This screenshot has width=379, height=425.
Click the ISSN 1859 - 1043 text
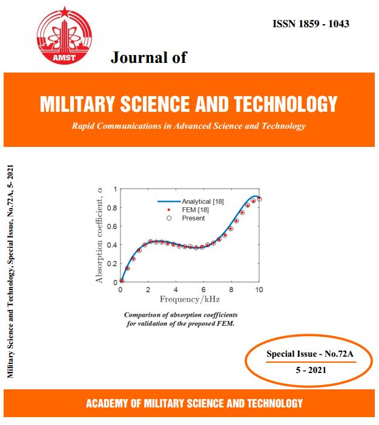(x=311, y=24)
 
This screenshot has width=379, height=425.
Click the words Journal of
(x=148, y=57)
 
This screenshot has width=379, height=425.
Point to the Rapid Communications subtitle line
(x=188, y=126)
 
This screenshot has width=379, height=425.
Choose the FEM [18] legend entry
(x=183, y=209)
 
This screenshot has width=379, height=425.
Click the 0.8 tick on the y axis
(x=111, y=208)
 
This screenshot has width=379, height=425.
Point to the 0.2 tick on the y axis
(x=111, y=264)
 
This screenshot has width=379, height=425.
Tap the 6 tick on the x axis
(x=204, y=290)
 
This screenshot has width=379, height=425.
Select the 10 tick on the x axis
(x=259, y=290)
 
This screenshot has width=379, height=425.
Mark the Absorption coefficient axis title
(x=99, y=235)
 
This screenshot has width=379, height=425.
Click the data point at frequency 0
(x=122, y=280)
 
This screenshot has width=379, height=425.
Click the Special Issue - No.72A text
(x=309, y=354)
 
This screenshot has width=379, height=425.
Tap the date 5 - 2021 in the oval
(x=309, y=369)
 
